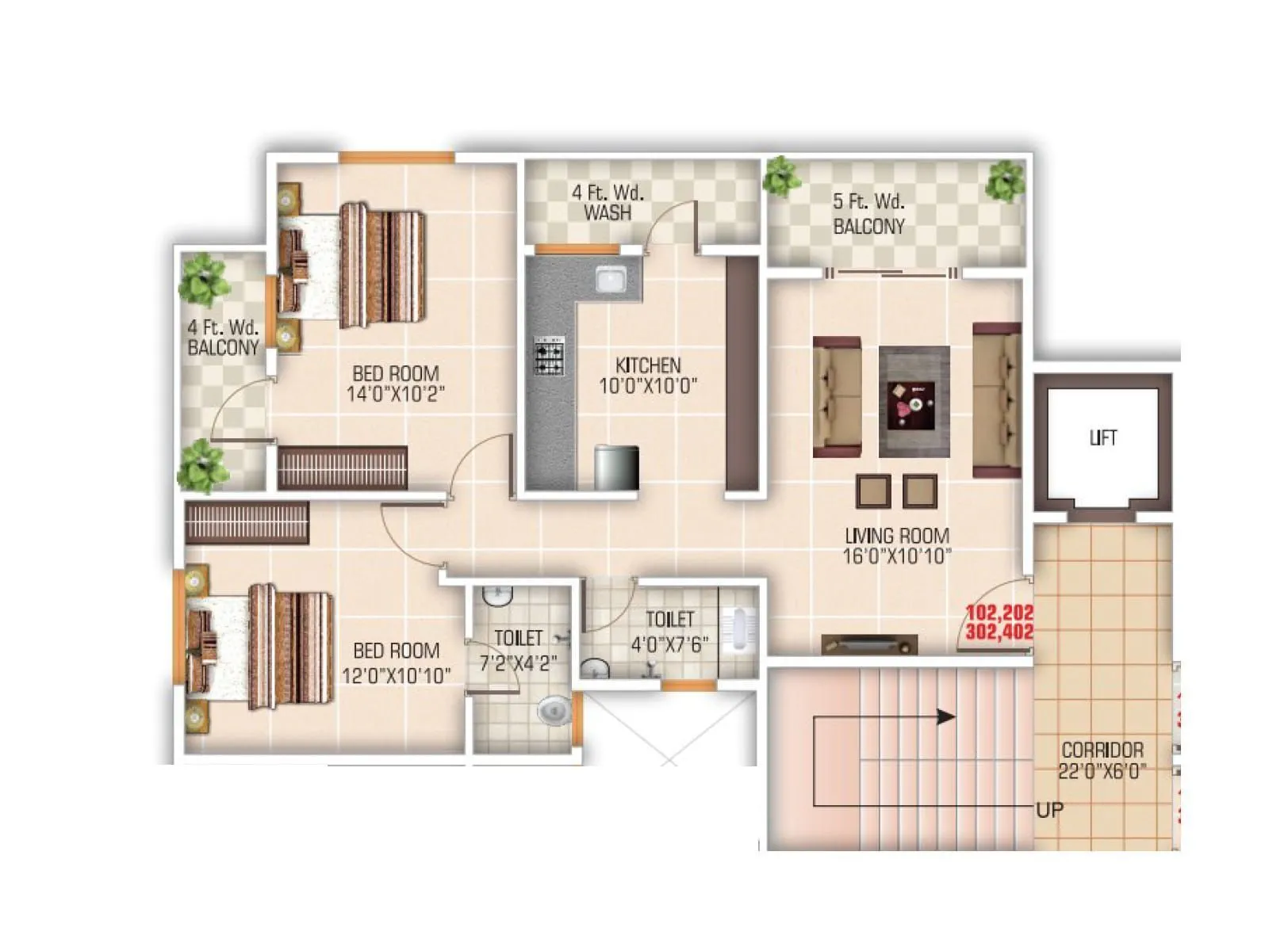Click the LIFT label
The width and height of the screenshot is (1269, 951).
(1103, 437)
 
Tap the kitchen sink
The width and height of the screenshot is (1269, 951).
(611, 280)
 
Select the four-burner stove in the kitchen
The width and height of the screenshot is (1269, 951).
(549, 355)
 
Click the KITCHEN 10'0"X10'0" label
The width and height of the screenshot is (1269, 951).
(648, 376)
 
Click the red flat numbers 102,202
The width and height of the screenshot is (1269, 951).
(999, 613)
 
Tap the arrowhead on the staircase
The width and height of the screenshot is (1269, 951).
(945, 717)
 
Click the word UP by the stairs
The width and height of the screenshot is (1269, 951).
(1049, 810)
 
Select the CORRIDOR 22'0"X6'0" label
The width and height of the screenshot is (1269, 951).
(1102, 760)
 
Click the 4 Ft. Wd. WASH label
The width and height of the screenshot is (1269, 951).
(608, 202)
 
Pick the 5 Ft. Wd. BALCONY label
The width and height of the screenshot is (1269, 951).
(868, 214)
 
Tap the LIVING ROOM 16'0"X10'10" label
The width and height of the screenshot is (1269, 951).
(896, 546)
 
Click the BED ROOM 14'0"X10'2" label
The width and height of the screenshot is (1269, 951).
(396, 384)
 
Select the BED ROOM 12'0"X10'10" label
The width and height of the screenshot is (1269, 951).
(396, 663)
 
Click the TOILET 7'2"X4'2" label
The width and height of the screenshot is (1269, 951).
(518, 651)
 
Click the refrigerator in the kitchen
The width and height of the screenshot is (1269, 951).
(616, 468)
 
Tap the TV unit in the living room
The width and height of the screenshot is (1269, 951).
(869, 644)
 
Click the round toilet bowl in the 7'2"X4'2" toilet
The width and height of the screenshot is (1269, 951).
(554, 710)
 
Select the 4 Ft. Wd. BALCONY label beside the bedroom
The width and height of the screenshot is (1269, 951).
(223, 338)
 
